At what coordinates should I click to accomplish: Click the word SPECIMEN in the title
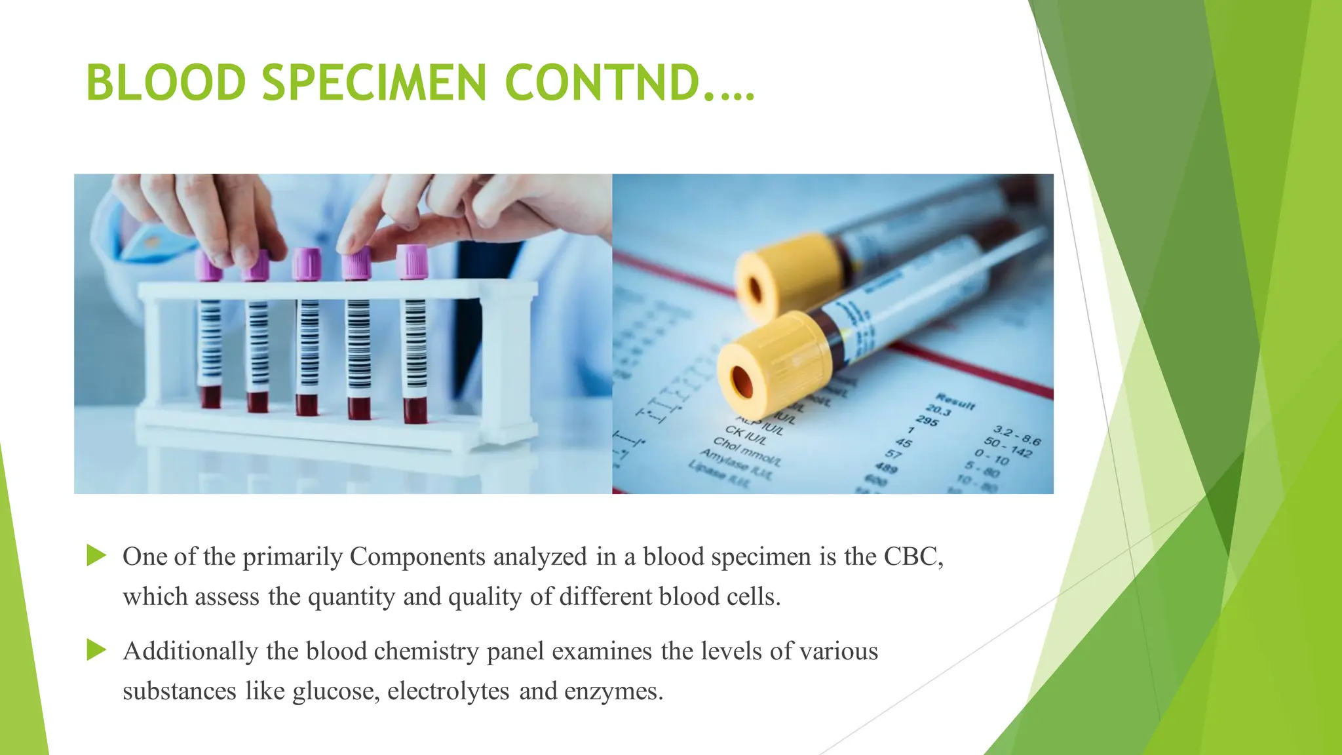374,83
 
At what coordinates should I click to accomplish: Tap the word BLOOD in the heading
166,83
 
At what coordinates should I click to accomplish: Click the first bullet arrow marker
96,556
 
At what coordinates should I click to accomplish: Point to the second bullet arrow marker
96,650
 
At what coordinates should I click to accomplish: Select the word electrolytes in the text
448,691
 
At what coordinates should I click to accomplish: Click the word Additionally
190,651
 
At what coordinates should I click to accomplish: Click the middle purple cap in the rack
307,263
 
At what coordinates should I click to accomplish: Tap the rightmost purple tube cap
412,261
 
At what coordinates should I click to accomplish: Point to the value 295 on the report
927,420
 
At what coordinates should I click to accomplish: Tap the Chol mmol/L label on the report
746,452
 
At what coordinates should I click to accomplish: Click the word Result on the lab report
955,400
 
